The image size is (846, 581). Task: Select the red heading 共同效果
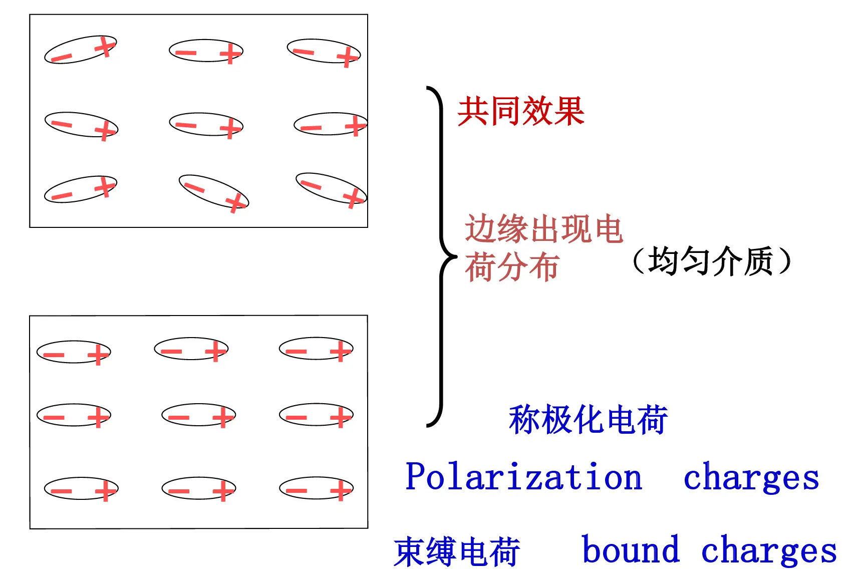[521, 111]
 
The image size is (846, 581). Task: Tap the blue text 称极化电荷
[589, 419]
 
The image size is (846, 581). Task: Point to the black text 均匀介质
[710, 260]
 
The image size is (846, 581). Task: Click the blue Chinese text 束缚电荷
[457, 551]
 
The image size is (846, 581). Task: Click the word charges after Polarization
[751, 477]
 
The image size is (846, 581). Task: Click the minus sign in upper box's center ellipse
[186, 125]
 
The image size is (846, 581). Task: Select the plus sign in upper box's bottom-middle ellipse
[236, 203]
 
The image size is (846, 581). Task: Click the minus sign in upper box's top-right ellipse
[303, 52]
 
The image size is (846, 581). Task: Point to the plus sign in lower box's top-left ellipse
[98, 355]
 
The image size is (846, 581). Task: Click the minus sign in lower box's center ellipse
[179, 417]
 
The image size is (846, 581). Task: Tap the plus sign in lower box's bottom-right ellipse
[341, 490]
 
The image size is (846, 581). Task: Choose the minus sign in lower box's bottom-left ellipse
[61, 491]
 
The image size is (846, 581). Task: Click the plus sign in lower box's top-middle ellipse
[216, 351]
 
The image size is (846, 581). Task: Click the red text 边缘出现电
[544, 228]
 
